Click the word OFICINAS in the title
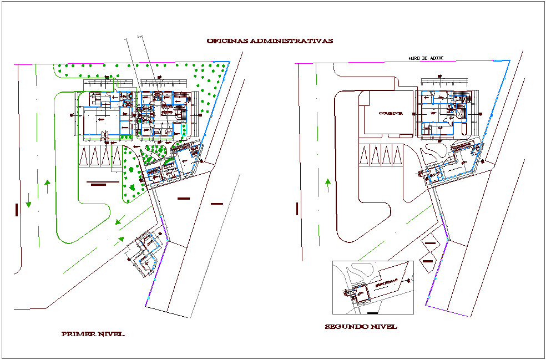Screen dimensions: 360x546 227,41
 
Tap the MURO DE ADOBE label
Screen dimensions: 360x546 426,58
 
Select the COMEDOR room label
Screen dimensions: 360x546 390,113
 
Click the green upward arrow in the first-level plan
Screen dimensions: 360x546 48,185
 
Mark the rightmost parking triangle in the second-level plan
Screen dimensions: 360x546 397,155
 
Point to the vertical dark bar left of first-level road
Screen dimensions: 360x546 17,209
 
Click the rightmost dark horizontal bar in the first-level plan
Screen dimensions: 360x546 217,204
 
